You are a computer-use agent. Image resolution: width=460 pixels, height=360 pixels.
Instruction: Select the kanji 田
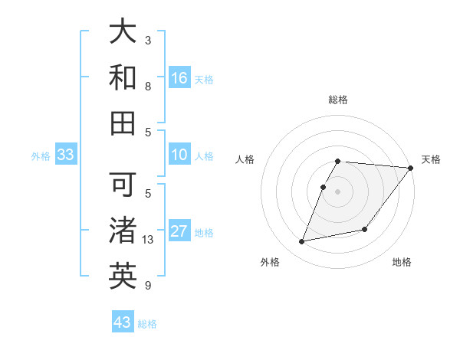[x=123, y=123]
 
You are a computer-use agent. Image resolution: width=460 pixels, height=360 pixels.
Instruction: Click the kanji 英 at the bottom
[x=123, y=276]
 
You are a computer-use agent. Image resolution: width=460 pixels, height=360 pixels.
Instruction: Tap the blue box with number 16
[x=179, y=78]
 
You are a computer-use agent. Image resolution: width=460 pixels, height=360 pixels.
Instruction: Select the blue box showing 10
[x=179, y=155]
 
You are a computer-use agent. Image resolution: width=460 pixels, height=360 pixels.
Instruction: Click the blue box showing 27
[x=179, y=232]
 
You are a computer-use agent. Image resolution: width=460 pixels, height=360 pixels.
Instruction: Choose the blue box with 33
[x=65, y=155]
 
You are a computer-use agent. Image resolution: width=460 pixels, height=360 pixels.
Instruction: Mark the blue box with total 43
[x=123, y=322]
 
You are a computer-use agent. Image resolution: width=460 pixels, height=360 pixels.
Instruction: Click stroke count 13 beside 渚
[x=149, y=240]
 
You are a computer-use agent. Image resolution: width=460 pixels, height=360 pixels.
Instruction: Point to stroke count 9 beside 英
[x=148, y=286]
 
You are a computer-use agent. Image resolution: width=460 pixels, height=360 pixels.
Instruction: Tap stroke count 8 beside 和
[x=148, y=87]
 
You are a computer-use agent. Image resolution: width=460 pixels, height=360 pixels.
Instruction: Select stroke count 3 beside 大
[x=148, y=40]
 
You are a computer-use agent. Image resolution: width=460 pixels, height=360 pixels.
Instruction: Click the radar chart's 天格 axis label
[x=431, y=159]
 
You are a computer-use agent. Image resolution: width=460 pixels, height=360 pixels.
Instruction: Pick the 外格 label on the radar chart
[x=270, y=263]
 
